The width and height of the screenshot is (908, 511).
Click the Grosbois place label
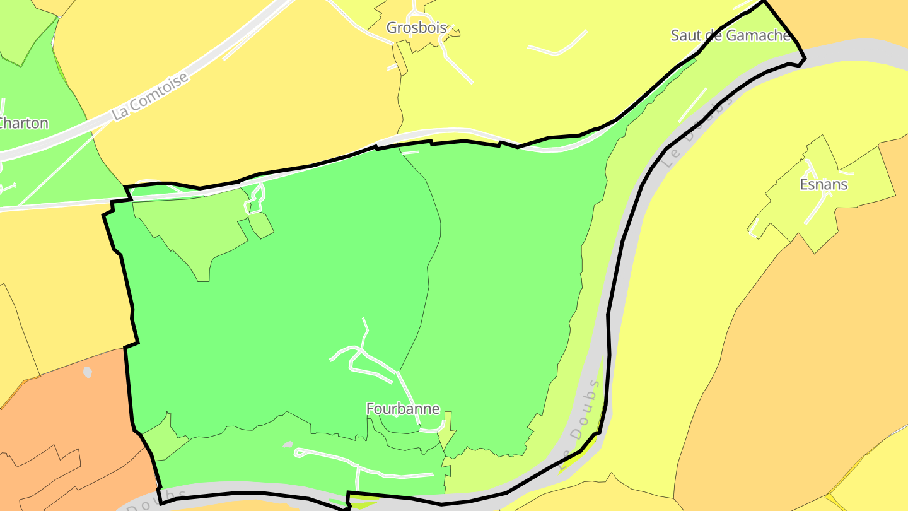(x=417, y=28)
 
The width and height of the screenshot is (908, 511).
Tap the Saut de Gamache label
(x=730, y=35)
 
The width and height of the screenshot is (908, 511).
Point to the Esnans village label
(x=824, y=184)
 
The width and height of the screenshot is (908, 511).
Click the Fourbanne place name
(x=403, y=409)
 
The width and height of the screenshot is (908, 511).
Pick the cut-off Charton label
(x=24, y=123)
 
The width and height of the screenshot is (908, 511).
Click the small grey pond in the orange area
(x=88, y=372)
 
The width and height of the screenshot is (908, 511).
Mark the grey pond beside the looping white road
(x=288, y=445)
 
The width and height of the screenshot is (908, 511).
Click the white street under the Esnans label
(x=817, y=208)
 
